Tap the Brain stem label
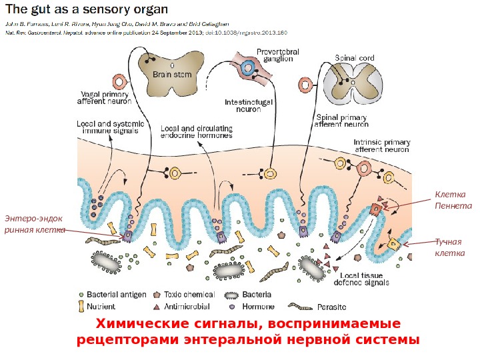172,75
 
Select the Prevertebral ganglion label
278,55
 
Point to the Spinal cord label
355,58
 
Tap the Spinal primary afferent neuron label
341,121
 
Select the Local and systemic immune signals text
107,127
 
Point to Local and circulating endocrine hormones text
197,131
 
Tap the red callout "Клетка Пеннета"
453,200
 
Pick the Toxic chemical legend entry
190,294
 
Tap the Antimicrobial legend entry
187,307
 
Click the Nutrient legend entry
101,307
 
